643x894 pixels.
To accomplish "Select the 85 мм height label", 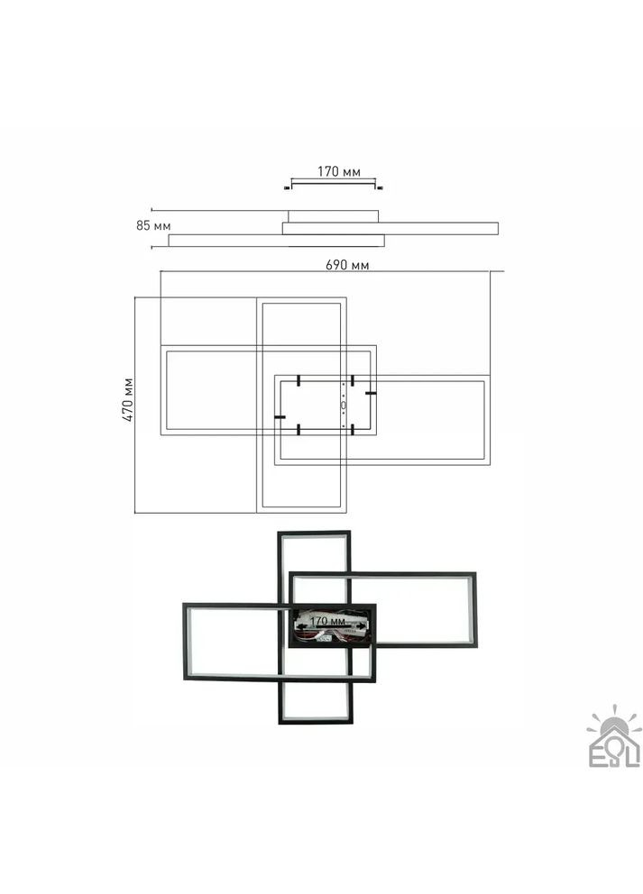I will pos(153,225).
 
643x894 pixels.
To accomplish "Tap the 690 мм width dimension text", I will pos(346,265).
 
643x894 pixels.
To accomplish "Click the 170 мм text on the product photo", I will pos(328,622).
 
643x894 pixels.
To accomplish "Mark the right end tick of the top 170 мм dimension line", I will pos(380,187).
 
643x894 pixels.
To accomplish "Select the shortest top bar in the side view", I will pos(333,216).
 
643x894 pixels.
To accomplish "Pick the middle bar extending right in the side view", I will pos(390,228).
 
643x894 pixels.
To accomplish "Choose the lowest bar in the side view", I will pos(276,240).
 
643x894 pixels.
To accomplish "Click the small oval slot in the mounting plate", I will pos(344,406).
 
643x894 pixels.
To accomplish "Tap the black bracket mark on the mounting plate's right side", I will pos(370,394).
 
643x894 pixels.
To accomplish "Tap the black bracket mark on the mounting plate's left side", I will pos(280,417).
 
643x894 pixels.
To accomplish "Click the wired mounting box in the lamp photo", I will pos(330,625).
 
